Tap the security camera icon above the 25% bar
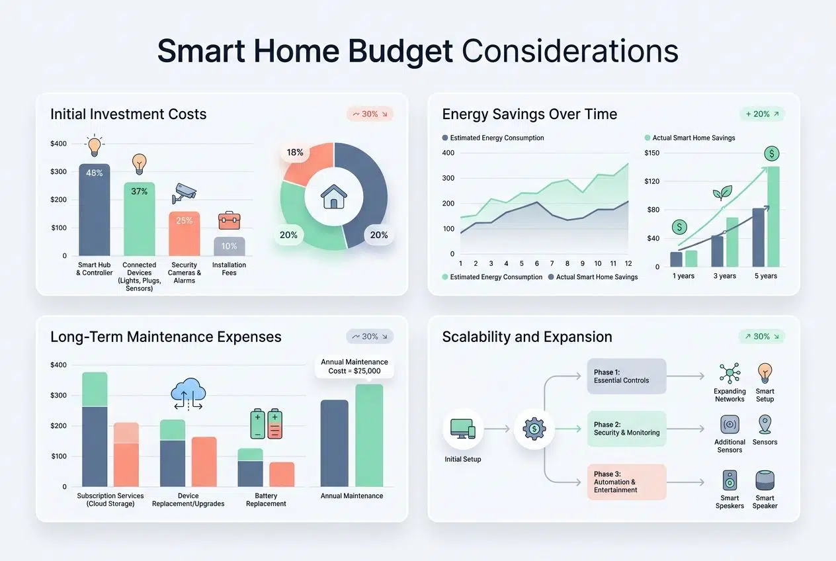[184, 193]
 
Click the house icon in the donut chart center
[334, 196]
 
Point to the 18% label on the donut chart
[294, 152]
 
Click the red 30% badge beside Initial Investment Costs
[370, 114]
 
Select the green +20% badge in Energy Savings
[761, 114]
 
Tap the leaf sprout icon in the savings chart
[722, 193]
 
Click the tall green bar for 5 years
[773, 216]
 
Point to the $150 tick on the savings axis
[651, 153]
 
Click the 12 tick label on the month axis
[628, 263]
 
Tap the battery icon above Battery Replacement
[267, 423]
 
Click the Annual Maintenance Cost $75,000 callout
[355, 367]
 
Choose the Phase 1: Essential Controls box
[626, 376]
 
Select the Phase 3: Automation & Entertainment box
[626, 482]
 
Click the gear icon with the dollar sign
[534, 429]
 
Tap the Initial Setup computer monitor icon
[462, 429]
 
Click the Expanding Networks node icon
[730, 372]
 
